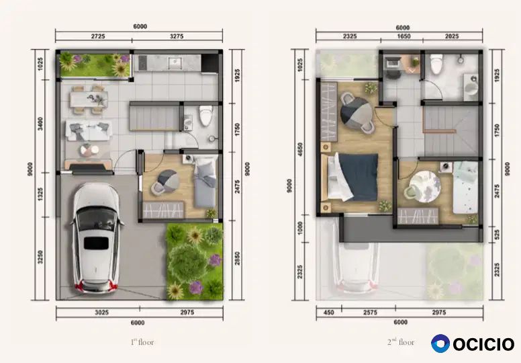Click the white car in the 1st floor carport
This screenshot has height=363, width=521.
pyautogui.click(x=96, y=238)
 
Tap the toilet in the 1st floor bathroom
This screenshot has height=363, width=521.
pyautogui.click(x=205, y=116)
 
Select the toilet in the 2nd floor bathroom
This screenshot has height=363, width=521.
pyautogui.click(x=436, y=64)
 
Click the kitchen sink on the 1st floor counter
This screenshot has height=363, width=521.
pyautogui.click(x=174, y=62)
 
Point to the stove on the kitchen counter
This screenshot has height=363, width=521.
pyautogui.click(x=142, y=63)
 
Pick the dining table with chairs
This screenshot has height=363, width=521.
pyautogui.click(x=89, y=99)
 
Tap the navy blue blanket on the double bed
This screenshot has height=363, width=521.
pyautogui.click(x=359, y=177)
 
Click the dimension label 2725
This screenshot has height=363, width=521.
pyautogui.click(x=98, y=36)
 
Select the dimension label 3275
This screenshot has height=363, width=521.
pyautogui.click(x=177, y=36)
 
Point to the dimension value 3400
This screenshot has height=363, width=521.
pyautogui.click(x=40, y=124)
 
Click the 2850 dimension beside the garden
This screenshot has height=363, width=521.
pyautogui.click(x=237, y=258)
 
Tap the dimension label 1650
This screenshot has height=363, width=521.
pyautogui.click(x=404, y=36)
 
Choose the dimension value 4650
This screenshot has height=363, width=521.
pyautogui.click(x=300, y=150)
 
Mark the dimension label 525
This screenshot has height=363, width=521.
pyautogui.click(x=497, y=235)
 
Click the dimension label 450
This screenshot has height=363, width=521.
pyautogui.click(x=328, y=312)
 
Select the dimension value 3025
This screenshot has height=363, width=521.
pyautogui.click(x=101, y=312)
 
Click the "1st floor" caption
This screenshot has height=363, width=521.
pyautogui.click(x=142, y=341)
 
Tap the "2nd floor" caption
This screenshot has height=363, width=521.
pyautogui.click(x=401, y=341)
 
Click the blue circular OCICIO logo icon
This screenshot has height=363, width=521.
pyautogui.click(x=440, y=344)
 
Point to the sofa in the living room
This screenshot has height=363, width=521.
pyautogui.click(x=89, y=131)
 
